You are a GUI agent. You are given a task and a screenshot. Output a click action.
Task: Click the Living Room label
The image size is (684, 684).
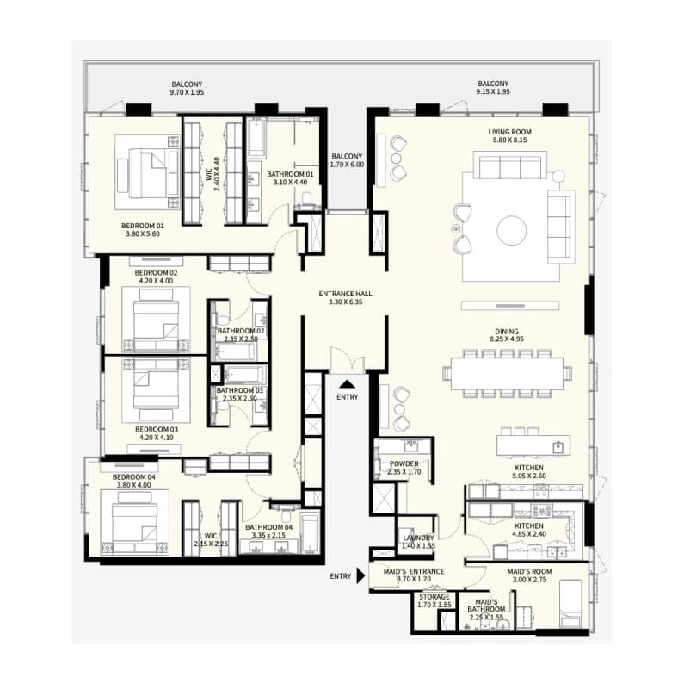509,132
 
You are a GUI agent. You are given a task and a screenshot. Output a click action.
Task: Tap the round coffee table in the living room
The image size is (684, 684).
511,230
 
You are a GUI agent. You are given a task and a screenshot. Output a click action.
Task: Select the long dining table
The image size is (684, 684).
507,373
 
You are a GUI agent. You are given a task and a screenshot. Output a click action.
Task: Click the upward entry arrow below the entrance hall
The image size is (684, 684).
348,384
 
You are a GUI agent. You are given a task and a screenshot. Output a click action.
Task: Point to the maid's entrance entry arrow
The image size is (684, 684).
360,575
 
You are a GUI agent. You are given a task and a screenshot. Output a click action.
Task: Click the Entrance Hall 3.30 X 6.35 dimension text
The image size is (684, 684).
346,302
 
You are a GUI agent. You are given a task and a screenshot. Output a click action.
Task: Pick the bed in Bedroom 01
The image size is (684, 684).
148,172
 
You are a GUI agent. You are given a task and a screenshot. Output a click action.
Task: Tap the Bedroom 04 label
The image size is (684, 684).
134,477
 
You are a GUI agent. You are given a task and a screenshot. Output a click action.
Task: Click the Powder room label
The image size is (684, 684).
404,463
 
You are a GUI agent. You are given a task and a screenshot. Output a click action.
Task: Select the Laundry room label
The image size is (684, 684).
418,538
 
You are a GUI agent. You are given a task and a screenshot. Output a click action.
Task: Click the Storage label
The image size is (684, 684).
434,597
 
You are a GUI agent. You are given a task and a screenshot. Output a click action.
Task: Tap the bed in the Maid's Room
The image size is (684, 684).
570,604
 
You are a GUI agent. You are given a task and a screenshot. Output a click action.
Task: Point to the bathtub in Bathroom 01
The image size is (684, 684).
256,137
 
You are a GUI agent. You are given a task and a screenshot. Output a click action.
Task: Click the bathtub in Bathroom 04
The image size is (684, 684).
310,534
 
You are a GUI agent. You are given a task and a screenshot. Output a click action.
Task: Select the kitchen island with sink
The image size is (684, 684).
533,446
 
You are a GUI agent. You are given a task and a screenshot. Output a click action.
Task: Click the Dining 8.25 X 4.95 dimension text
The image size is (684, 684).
507,339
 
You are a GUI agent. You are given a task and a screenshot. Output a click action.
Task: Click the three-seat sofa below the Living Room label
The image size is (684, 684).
510,166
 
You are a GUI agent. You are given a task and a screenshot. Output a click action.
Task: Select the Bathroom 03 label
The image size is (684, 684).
240,390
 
